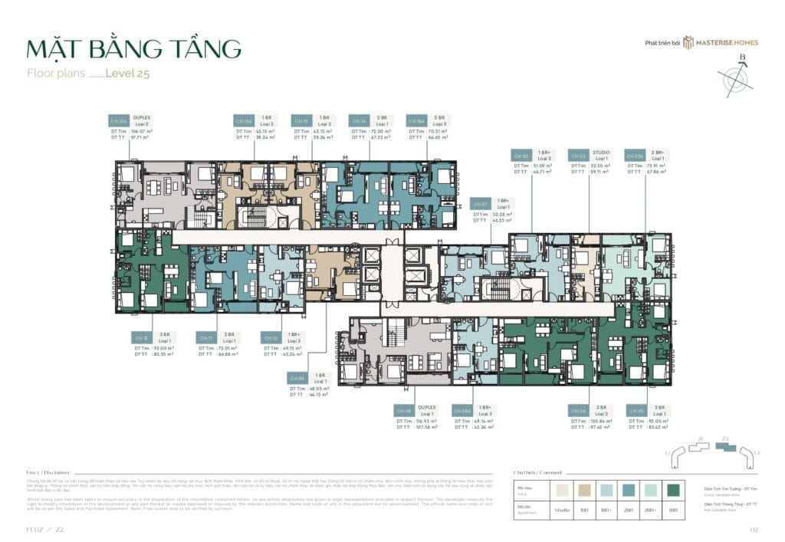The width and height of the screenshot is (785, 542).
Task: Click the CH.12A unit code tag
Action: pyautogui.click(x=118, y=121)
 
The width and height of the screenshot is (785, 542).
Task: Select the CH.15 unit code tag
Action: pyautogui.click(x=301, y=121)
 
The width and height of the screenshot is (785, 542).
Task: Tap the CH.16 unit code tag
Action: pyautogui.click(x=358, y=121)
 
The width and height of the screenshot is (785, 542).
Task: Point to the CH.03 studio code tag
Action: pyautogui.click(x=577, y=156)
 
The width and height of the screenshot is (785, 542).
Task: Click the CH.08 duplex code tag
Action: pyautogui.click(x=404, y=411)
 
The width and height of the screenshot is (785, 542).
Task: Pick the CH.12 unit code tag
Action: pyautogui.click(x=141, y=337)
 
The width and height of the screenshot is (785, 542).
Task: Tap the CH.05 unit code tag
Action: pyautogui.click(x=636, y=411)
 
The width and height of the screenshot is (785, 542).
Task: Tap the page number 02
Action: pyautogui.click(x=753, y=529)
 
